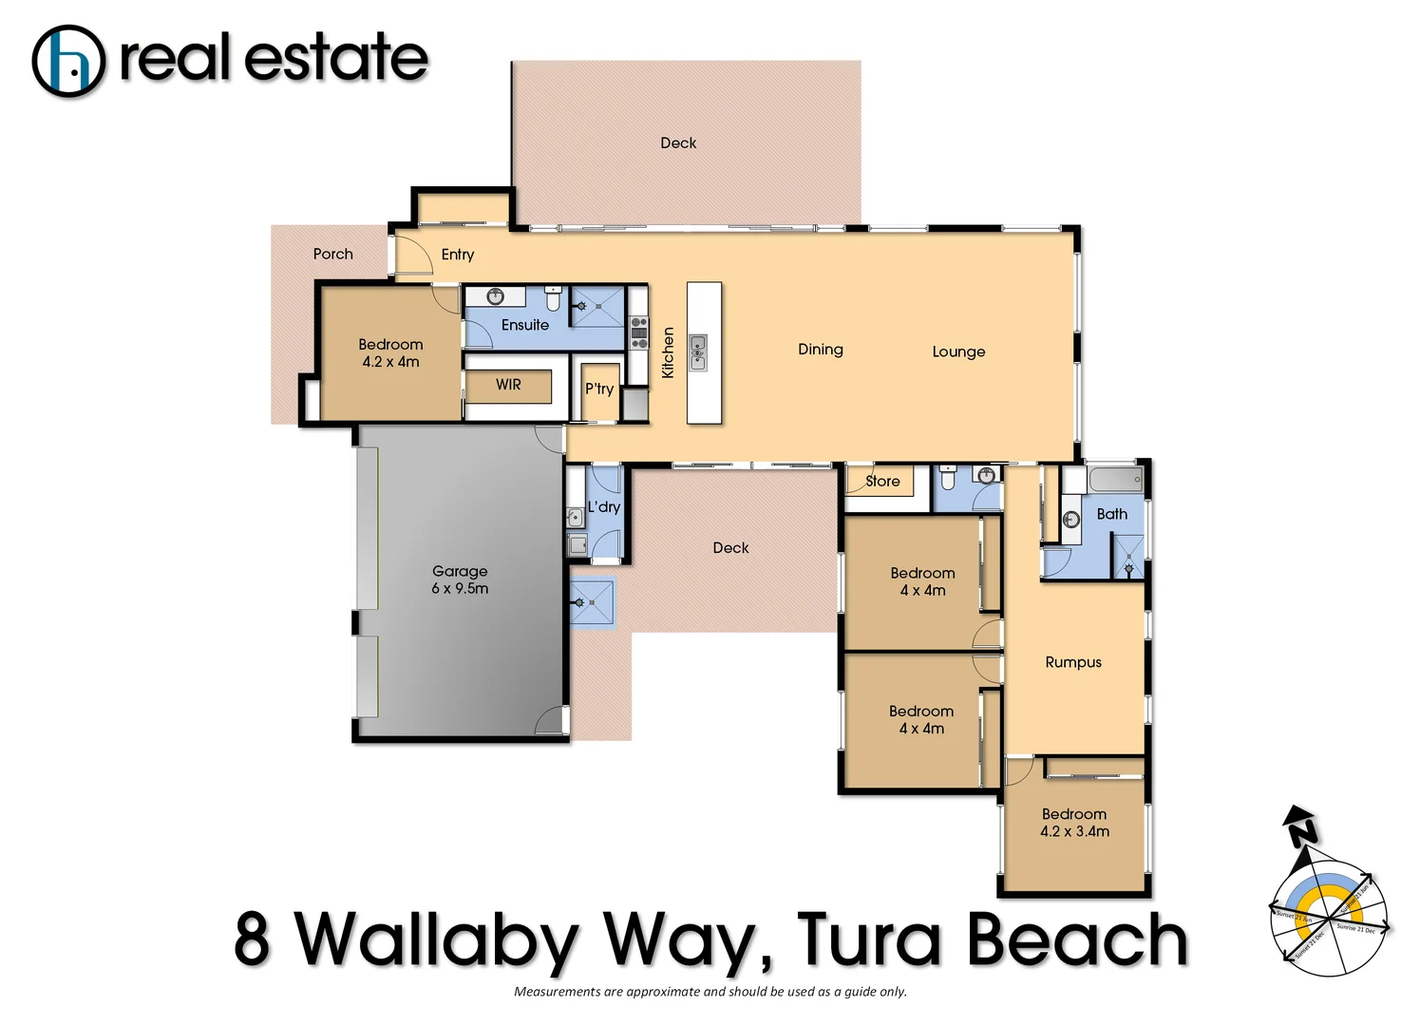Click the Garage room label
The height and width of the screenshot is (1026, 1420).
tap(460, 571)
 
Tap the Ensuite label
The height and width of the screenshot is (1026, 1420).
tap(524, 325)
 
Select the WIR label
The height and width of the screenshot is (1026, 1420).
tap(508, 385)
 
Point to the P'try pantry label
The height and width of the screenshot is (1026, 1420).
tap(599, 389)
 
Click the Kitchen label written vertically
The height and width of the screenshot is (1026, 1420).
tap(668, 352)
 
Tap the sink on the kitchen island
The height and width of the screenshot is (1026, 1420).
tap(698, 351)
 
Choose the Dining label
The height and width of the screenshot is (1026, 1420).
tap(820, 350)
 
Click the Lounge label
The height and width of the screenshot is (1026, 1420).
tap(958, 351)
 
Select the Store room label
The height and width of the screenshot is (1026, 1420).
tap(882, 482)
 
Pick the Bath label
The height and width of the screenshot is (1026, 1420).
tap(1111, 514)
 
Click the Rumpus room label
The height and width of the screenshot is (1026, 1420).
tap(1073, 662)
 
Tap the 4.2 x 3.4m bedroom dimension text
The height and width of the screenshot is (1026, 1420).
tap(1074, 831)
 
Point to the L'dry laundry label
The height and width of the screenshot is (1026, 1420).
tap(604, 507)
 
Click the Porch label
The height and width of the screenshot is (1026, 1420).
tap(332, 254)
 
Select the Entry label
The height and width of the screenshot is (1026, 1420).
tap(457, 255)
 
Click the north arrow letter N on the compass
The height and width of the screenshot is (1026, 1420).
tap(1303, 832)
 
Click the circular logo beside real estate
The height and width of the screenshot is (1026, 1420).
tap(68, 62)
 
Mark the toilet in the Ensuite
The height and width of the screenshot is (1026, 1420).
tap(553, 300)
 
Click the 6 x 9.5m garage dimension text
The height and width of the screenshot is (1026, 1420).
tap(460, 589)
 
